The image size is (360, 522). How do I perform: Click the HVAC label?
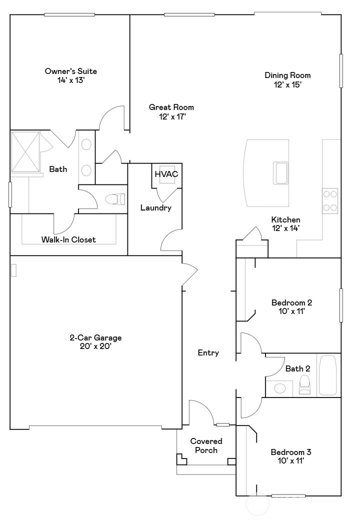[x=166, y=174]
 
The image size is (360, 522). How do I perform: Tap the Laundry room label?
[x=156, y=208]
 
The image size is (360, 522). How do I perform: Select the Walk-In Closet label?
[x=68, y=239]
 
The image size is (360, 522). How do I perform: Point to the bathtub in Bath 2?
[x=328, y=375]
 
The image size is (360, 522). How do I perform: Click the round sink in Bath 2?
[x=279, y=388]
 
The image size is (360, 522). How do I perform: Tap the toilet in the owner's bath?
[x=115, y=199]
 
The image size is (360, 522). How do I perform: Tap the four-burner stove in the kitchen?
[x=330, y=200]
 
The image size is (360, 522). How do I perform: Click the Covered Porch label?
[x=206, y=445]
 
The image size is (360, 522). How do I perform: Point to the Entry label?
[x=208, y=353]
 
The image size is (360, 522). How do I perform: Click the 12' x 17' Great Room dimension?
[x=172, y=116]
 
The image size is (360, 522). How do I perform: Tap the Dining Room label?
[x=287, y=75]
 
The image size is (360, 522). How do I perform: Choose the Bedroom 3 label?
[x=291, y=452]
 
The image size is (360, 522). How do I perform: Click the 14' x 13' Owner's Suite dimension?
[x=71, y=80]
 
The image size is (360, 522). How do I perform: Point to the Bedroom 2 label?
[x=291, y=302]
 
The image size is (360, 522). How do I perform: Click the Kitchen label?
[x=285, y=219]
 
